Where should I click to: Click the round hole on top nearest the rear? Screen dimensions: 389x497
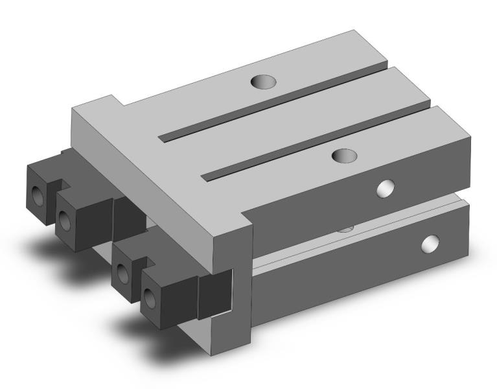(264, 82)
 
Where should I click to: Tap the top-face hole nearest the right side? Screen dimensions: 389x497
(344, 156)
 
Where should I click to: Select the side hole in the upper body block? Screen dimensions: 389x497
(387, 188)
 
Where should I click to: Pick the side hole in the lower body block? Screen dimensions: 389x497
(430, 244)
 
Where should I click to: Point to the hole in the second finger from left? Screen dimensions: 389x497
(66, 221)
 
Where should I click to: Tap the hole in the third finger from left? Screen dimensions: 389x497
(121, 273)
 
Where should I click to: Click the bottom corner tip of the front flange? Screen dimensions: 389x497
(216, 356)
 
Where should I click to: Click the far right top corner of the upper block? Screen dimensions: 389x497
(472, 138)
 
